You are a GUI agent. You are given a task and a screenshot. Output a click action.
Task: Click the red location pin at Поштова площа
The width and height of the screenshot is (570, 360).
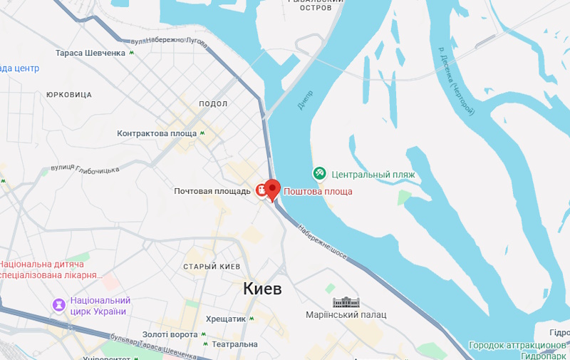(x=274, y=190)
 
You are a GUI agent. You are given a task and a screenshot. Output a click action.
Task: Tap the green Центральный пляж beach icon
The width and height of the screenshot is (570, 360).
(x=320, y=173)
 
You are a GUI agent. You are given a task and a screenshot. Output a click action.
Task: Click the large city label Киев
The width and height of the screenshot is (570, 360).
(x=262, y=289)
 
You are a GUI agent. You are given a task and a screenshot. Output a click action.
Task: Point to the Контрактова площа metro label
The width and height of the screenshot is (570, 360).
(x=157, y=133)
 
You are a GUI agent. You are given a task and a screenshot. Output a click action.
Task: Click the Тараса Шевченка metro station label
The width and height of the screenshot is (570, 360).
(x=90, y=53)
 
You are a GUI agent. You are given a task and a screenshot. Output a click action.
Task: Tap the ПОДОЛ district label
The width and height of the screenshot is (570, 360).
(x=213, y=104)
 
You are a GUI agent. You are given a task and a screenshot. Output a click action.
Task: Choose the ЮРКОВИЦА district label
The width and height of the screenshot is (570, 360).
(x=68, y=94)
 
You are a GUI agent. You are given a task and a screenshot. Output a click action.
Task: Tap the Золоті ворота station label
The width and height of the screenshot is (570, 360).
(x=170, y=334)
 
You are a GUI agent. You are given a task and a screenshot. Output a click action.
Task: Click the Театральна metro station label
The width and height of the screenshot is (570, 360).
(x=234, y=344)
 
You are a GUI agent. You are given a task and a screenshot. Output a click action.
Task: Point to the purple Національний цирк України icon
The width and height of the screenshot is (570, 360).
(x=58, y=304)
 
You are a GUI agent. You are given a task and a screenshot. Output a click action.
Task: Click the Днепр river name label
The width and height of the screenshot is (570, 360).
(x=305, y=100)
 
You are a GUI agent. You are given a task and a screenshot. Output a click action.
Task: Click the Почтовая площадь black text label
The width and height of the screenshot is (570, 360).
(x=212, y=191)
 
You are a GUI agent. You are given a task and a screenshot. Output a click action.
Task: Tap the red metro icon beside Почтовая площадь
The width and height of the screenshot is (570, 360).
(x=261, y=190)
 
